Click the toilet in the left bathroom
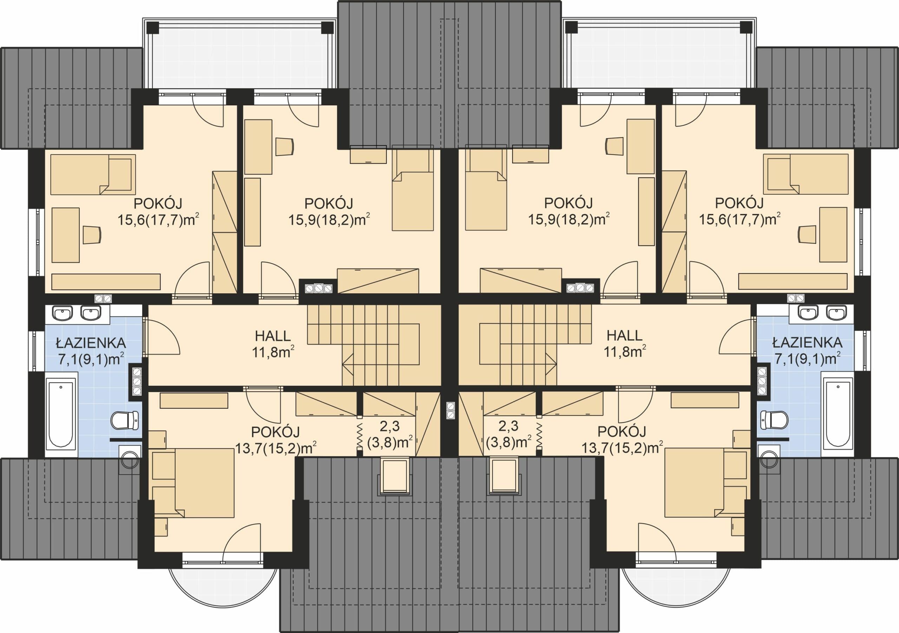[125, 420]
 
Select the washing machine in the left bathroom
[130, 457]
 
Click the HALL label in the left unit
[273, 336]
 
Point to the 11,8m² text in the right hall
[624, 352]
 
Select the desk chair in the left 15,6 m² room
[92, 235]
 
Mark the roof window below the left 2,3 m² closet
[395, 475]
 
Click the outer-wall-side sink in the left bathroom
[62, 313]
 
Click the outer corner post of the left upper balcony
[152, 27]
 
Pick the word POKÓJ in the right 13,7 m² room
[621, 431]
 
